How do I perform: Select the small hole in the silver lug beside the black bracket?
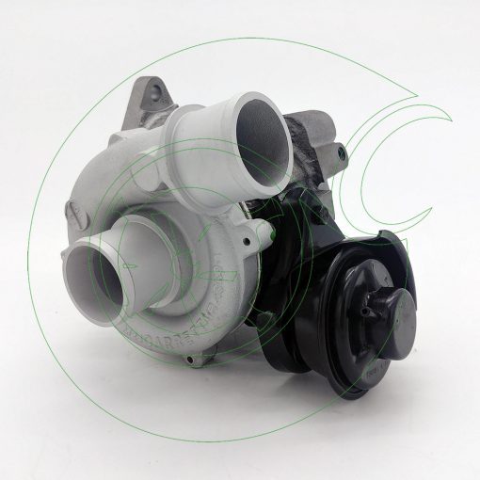[246, 245]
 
